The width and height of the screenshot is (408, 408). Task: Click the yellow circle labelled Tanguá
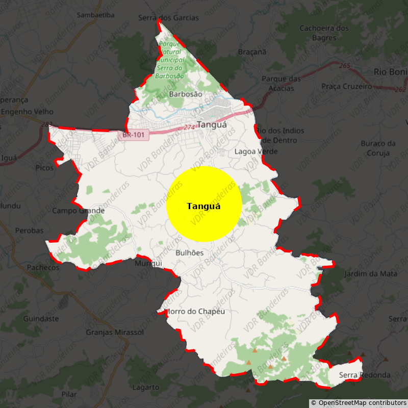coord(204,204)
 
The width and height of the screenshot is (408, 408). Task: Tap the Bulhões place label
coord(189,253)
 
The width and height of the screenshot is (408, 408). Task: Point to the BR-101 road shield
coord(134,136)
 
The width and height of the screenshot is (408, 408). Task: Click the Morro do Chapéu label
coord(194,312)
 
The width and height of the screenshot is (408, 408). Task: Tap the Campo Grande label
coord(79,211)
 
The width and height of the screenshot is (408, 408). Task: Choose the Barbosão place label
coord(185,94)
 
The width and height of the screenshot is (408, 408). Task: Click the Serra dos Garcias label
coord(168,18)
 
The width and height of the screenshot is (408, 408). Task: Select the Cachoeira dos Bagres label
coord(324,33)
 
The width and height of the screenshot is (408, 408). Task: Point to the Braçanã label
coord(252,52)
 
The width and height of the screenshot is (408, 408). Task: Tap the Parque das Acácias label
coord(282,84)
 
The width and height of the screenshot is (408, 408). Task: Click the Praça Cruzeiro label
coord(347,87)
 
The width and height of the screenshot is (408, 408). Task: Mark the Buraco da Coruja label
coord(378,148)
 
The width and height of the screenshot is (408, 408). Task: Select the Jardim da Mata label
coord(371,274)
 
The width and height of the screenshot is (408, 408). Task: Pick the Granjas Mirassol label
coord(115,333)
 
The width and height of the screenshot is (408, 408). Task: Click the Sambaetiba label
coord(95,15)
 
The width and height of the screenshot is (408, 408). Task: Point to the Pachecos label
coord(43,267)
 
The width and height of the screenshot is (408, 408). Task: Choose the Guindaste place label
coord(41,319)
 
